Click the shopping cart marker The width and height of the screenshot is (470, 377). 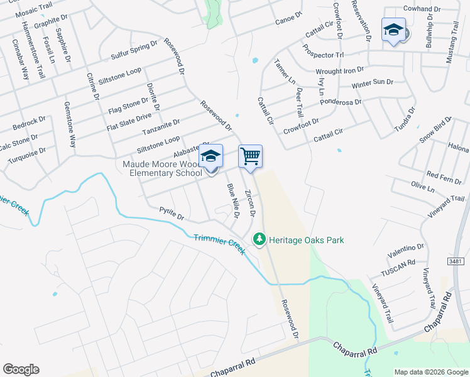[250, 155]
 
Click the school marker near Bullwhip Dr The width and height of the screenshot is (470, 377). [394, 30]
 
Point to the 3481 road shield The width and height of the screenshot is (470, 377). [458, 260]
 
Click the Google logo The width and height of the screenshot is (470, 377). [21, 369]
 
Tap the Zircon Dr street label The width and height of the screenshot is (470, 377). [250, 203]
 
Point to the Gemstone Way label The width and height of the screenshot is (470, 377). [70, 124]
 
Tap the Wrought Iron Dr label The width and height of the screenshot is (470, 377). [339, 70]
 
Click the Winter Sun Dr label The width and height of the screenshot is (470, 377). [372, 83]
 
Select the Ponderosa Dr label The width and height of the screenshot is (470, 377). [341, 102]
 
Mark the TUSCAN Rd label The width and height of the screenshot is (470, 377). [398, 268]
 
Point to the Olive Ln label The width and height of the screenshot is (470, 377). [422, 187]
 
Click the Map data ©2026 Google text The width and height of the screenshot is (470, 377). [430, 372]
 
